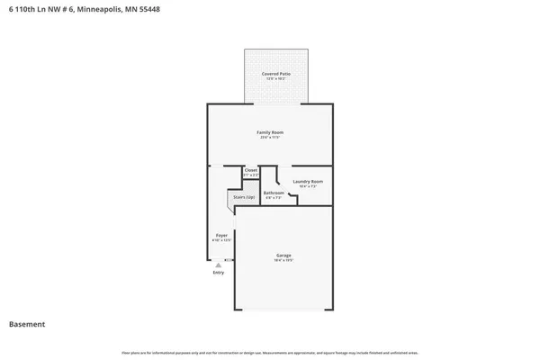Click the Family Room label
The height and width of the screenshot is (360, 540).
270,132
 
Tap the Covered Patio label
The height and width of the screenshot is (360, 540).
275,74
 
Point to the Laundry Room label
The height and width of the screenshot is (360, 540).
308,181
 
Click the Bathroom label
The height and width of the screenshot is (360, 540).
274,193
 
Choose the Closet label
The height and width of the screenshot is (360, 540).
251,169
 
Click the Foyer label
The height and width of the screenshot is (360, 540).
221,235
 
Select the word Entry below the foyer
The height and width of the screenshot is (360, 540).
218,272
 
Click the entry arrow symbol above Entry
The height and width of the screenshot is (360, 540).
218,265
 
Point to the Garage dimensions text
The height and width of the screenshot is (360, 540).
283,260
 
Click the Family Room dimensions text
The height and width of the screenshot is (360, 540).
270,138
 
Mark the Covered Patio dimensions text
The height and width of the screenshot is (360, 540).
275,79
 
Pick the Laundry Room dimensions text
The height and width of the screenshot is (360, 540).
308,186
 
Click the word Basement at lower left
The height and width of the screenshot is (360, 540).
27,324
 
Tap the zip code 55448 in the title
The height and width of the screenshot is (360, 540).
153,9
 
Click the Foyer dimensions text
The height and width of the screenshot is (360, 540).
221,240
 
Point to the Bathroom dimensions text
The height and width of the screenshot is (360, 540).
274,198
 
